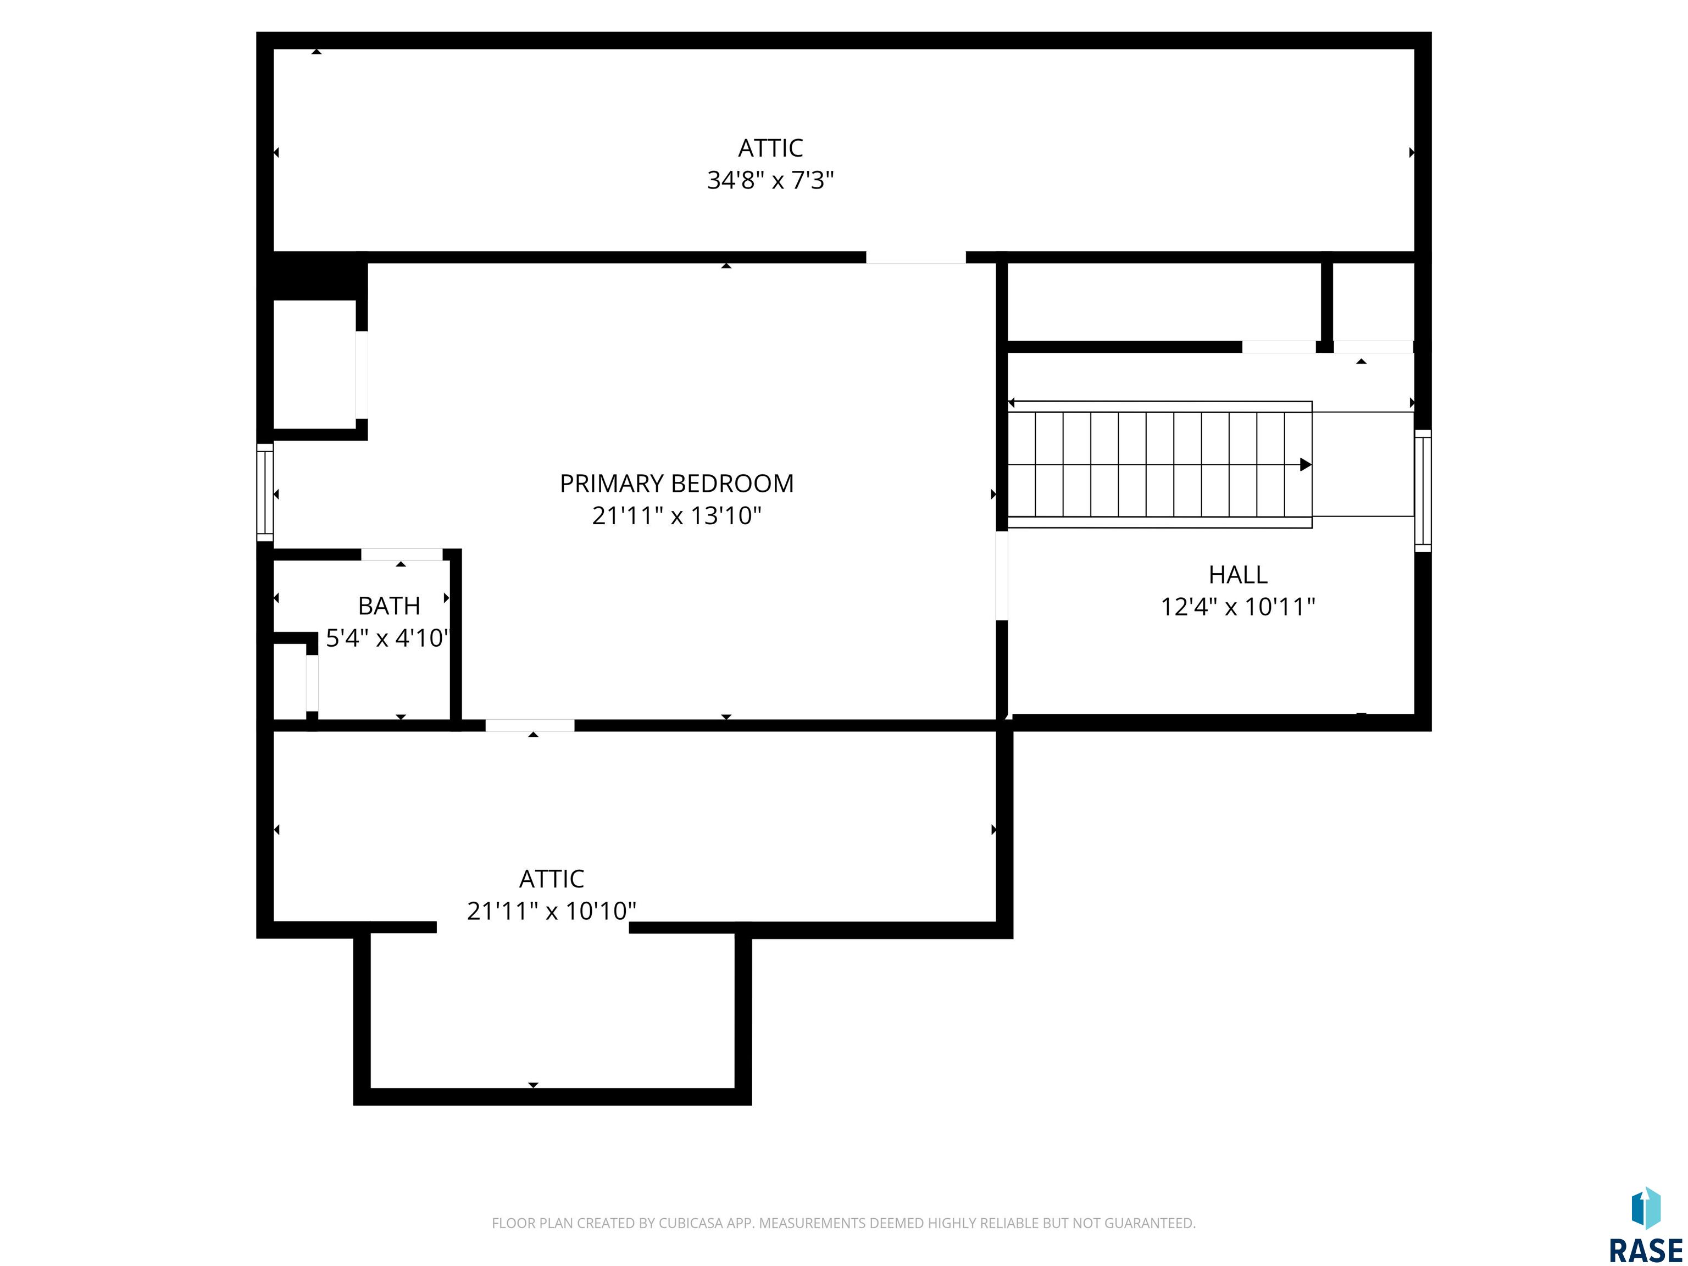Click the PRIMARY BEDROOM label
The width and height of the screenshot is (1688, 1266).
(677, 483)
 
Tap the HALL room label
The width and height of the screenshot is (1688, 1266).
(1238, 575)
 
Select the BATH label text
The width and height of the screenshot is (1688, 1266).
(389, 606)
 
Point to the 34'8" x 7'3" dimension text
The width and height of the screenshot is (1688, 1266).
(770, 180)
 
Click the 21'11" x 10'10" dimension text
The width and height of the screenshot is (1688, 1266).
(552, 910)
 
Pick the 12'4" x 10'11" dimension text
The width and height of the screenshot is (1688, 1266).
(1238, 607)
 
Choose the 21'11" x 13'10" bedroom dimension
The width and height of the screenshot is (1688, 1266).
(677, 516)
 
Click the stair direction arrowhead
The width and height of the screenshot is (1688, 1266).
(1306, 464)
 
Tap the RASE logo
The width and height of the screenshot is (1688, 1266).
(1645, 1225)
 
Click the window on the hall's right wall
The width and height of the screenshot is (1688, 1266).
(1423, 490)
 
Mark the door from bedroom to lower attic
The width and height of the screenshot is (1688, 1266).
(530, 725)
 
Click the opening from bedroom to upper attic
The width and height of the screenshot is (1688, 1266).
(916, 257)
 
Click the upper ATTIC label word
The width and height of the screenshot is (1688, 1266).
(770, 147)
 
